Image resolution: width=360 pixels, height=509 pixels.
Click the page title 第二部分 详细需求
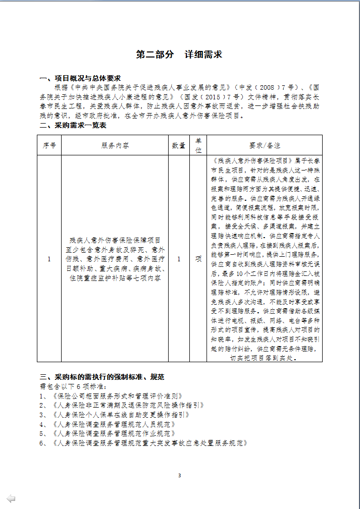[179, 54]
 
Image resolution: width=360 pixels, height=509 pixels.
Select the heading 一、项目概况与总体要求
[80, 78]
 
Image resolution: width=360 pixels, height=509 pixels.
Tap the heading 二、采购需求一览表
[73, 126]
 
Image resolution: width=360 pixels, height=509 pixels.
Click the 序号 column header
[49, 145]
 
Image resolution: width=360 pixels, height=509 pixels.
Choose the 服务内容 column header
[115, 145]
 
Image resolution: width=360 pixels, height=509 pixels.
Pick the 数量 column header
[179, 145]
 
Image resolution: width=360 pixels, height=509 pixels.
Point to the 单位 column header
[198, 145]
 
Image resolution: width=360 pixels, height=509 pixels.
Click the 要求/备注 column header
[265, 145]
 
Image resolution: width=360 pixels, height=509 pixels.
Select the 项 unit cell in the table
[198, 259]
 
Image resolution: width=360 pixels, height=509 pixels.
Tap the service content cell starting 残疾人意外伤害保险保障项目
[115, 259]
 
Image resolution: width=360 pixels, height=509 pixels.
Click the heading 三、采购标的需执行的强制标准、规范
[102, 377]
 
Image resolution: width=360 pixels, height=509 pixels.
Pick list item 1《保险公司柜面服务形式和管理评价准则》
[111, 396]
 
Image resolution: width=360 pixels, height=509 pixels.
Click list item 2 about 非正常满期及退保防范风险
[122, 405]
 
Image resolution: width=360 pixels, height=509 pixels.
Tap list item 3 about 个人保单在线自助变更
[114, 415]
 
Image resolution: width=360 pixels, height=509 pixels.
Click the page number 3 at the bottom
[179, 475]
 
